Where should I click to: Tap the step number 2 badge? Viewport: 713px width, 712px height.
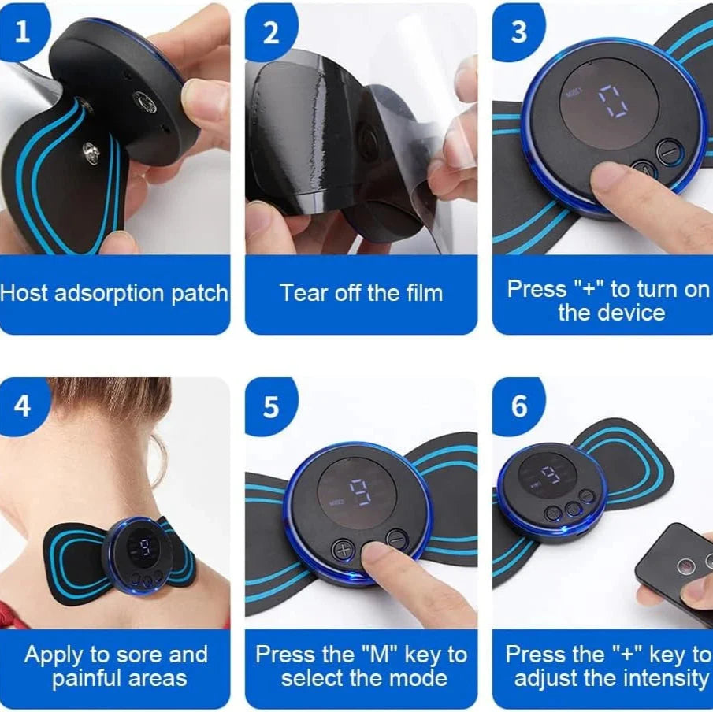(270, 32)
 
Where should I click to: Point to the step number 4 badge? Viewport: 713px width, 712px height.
(22, 406)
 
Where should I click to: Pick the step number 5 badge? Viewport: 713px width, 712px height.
(270, 406)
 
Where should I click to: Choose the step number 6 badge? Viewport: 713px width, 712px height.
(518, 406)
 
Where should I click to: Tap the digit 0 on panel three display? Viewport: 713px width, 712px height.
(612, 102)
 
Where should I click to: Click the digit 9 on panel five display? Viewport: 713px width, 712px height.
(361, 491)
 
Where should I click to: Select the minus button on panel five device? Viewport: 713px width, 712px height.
(396, 539)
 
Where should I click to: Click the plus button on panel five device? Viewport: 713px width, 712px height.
(343, 549)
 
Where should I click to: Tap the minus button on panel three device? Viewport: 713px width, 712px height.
(668, 149)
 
